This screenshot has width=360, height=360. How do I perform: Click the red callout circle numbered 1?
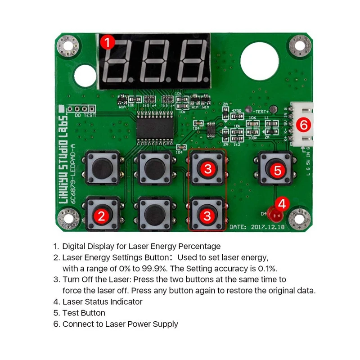[107, 43]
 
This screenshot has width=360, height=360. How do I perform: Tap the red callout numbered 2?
[101, 216]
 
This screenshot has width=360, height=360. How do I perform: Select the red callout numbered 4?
[282, 204]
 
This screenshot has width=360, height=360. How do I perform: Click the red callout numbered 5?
[277, 170]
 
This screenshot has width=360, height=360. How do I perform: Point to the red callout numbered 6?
[304, 125]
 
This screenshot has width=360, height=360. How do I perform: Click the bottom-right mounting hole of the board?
[297, 219]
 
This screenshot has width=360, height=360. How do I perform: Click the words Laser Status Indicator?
[102, 301]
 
